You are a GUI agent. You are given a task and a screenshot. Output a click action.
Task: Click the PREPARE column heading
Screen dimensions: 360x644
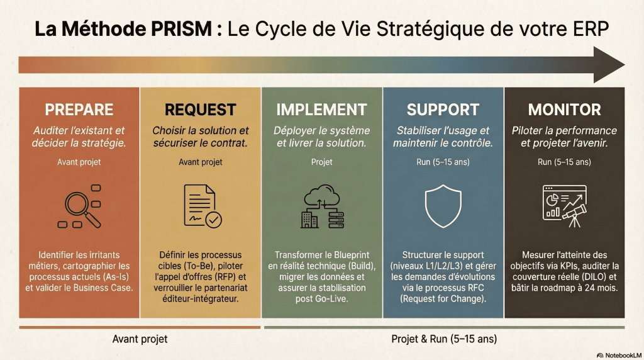tap(79, 109)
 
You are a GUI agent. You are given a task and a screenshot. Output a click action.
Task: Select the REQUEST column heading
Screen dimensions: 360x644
tap(200, 109)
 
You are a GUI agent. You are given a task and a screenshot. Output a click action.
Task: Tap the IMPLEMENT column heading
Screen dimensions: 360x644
tap(321, 109)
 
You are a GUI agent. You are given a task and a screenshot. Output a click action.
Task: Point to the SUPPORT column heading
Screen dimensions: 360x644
tap(443, 109)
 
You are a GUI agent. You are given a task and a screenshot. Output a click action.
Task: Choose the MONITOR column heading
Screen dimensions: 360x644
tap(564, 109)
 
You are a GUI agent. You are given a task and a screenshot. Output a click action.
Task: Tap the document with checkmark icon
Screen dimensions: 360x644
tap(201, 206)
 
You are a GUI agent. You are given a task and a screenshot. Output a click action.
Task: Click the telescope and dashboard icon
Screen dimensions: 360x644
tap(564, 205)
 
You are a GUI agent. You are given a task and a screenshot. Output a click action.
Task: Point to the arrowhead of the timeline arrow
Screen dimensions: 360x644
tap(609, 65)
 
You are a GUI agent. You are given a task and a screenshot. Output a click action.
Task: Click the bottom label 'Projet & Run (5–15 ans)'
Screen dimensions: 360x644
tap(444, 339)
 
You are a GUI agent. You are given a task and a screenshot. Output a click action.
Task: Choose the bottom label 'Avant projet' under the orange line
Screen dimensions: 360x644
tap(140, 339)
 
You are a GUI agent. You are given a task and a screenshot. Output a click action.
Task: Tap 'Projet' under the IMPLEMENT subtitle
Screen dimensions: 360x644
tap(321, 162)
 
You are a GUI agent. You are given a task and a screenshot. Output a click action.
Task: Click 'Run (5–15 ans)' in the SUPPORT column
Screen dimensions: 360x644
tap(443, 162)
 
